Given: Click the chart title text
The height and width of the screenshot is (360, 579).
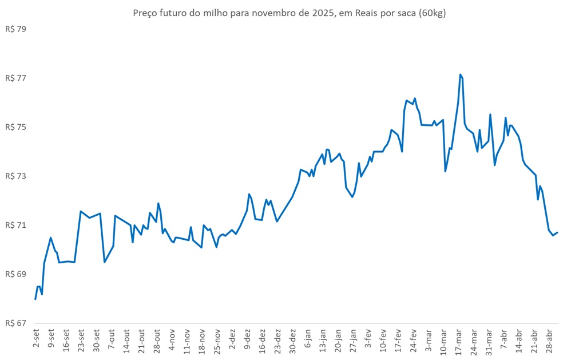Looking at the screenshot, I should point(289,13).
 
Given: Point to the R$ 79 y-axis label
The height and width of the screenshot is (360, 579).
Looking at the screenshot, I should point(15,29).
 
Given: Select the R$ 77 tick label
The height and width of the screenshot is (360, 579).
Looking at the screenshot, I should point(15,78).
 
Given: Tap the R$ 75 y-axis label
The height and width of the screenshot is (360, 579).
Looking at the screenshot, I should point(15,127).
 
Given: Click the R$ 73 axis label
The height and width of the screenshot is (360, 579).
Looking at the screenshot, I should point(15,176).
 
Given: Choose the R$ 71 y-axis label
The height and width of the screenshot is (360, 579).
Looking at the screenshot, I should point(15,225).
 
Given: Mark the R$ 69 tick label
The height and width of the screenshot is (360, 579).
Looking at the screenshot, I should point(15,274).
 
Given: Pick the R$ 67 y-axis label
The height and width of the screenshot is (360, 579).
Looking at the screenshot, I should point(15,323).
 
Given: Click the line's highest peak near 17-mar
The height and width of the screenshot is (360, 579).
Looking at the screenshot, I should point(460,74).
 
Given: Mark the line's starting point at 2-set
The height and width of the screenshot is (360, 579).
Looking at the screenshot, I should point(35,299).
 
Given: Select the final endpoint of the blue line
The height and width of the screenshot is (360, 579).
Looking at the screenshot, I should point(557,232).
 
